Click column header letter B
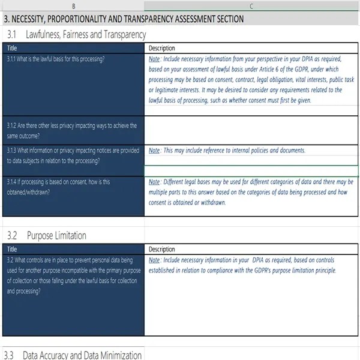(x=73, y=6)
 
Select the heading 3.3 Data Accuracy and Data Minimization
(x=74, y=355)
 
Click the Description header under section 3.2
(x=161, y=249)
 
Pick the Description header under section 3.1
(x=161, y=48)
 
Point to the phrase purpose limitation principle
(x=303, y=270)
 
